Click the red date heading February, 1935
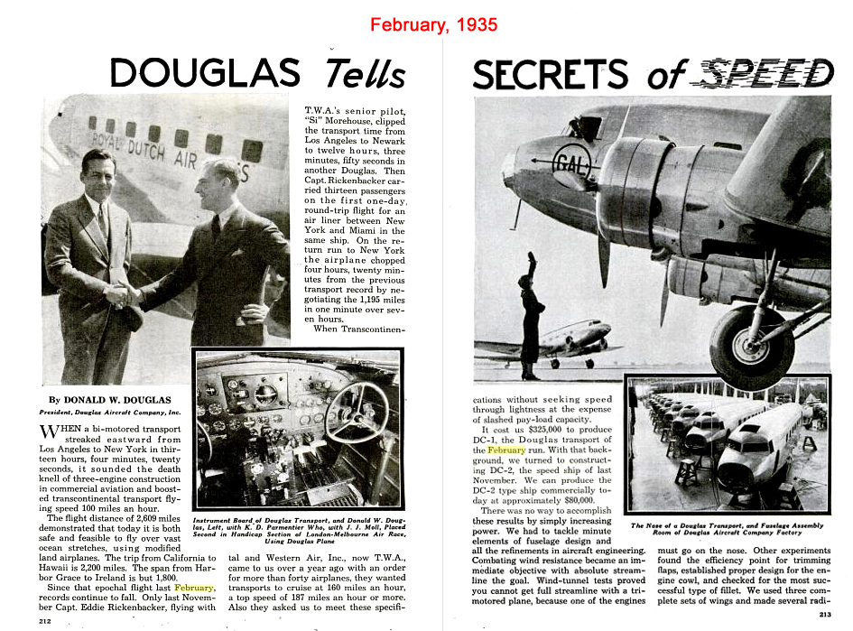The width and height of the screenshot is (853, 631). click(x=433, y=24)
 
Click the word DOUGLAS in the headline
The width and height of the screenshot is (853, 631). click(x=206, y=72)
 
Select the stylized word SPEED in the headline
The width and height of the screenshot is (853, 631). click(x=768, y=73)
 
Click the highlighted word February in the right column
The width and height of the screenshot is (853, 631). click(x=505, y=450)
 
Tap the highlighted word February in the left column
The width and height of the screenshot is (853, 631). click(x=188, y=587)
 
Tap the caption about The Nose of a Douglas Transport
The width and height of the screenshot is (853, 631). click(x=727, y=528)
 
